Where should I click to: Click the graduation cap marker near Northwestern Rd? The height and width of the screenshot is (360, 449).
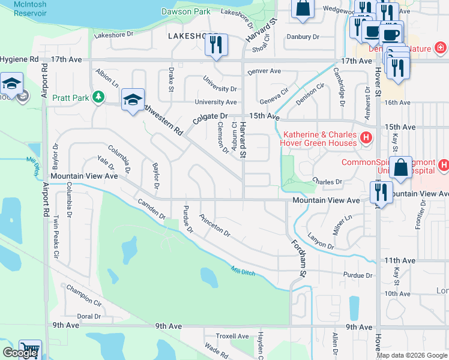coord(133,100)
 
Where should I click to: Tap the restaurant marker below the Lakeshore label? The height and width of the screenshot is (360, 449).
coord(217,45)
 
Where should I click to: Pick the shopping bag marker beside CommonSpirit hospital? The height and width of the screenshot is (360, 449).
coord(400,168)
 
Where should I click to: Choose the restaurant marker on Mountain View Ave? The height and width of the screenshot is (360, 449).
coord(381,193)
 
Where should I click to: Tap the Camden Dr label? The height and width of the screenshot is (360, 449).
coord(151,209)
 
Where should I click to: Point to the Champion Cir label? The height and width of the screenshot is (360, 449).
coord(84,295)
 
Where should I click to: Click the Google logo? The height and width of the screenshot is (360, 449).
coord(20,353)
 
